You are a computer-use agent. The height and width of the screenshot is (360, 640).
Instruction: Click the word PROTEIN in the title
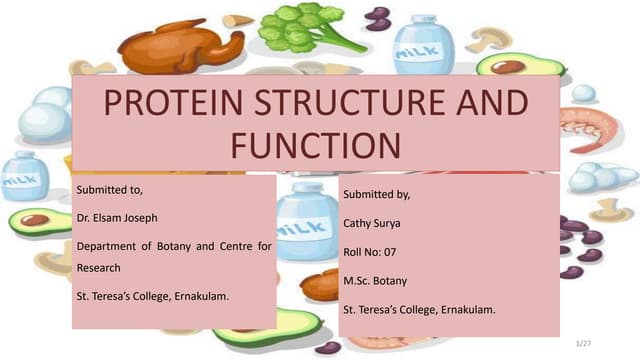(x=161, y=106)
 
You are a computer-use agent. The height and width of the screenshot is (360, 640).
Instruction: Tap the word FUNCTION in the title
(x=316, y=146)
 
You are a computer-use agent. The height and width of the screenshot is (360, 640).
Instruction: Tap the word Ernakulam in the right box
(x=463, y=311)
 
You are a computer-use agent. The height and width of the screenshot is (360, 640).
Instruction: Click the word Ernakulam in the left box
(x=197, y=296)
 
